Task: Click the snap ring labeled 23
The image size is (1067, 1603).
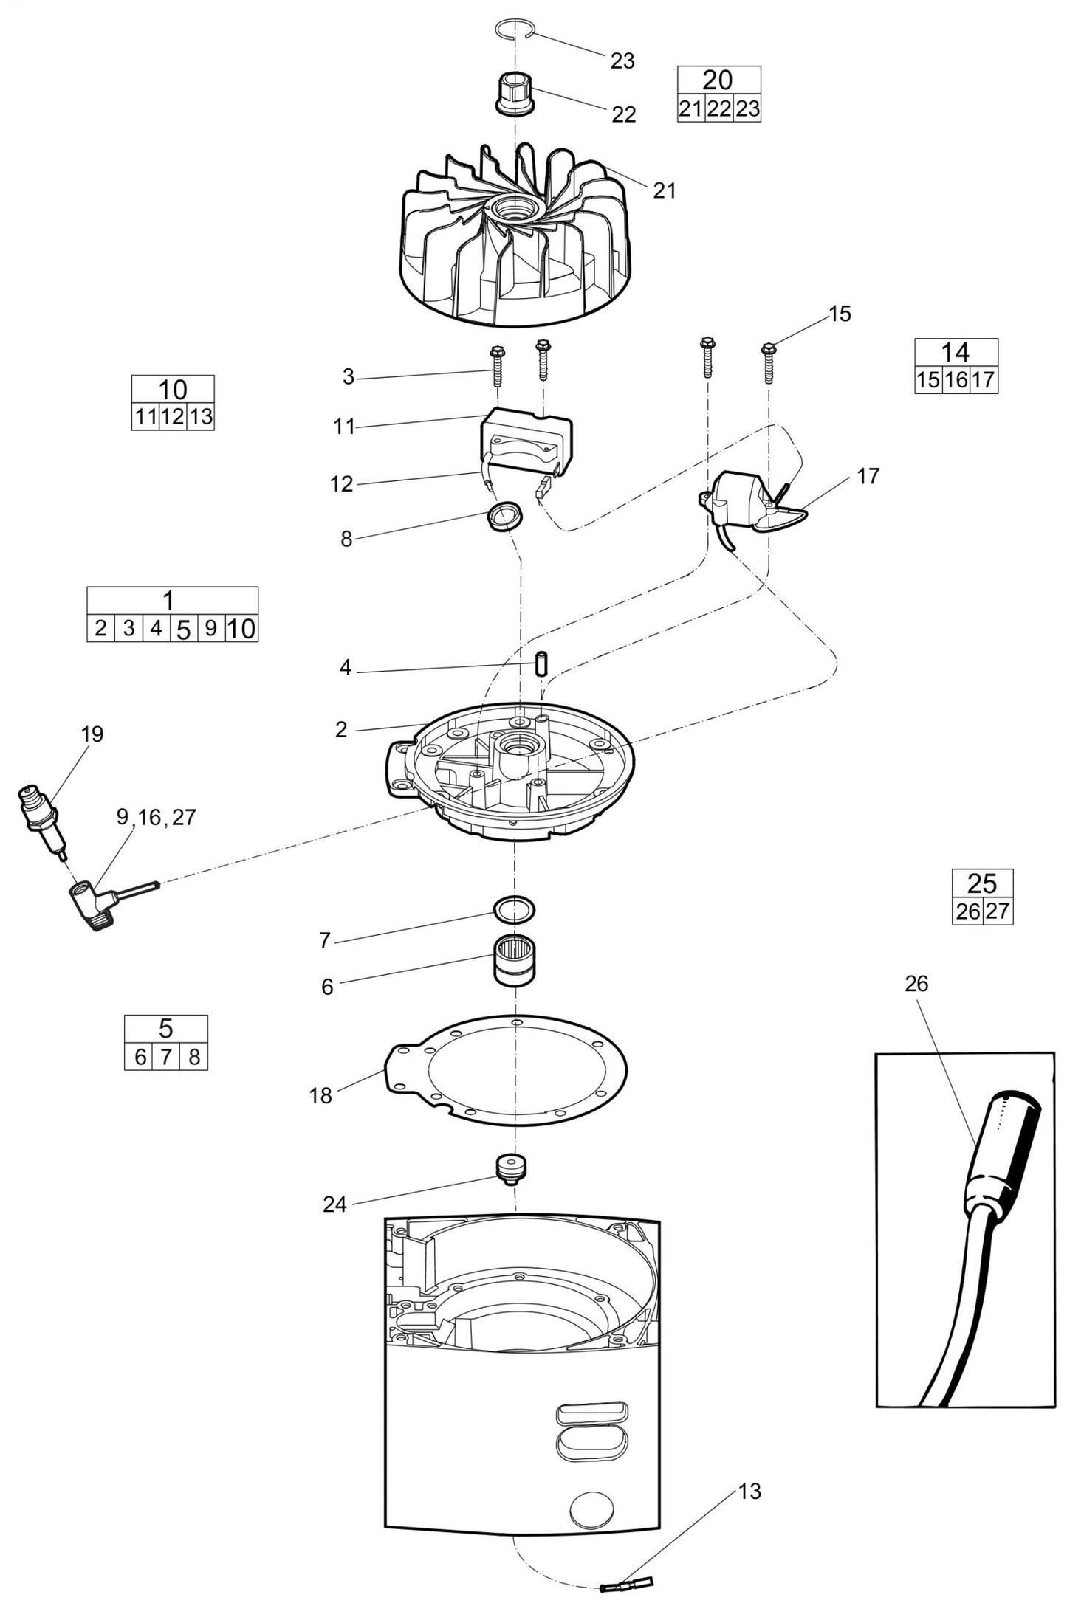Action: (x=513, y=30)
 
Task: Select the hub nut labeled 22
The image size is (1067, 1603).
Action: (x=514, y=92)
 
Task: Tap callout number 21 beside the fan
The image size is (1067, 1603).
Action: (x=665, y=190)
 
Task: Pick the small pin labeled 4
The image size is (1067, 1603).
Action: (x=541, y=662)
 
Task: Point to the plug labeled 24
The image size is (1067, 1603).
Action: (x=511, y=1168)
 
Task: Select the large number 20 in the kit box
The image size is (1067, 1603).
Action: (x=718, y=80)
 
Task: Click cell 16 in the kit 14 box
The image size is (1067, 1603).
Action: (x=956, y=380)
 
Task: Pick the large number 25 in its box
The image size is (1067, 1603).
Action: (x=982, y=883)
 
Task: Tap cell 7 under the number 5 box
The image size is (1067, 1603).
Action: (x=166, y=1058)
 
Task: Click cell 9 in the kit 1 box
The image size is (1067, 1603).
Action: (x=211, y=629)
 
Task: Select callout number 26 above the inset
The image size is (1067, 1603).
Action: (x=916, y=983)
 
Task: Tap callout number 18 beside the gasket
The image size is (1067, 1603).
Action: (x=320, y=1096)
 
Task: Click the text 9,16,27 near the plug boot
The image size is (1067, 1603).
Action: (x=156, y=817)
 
